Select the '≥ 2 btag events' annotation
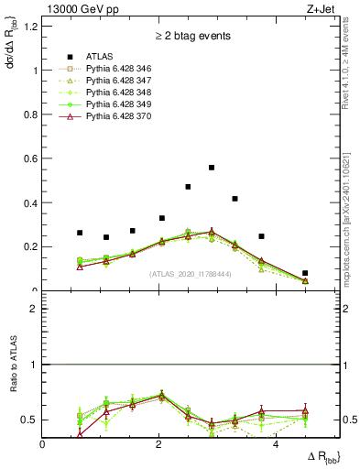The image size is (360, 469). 191,36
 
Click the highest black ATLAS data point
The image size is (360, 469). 212,168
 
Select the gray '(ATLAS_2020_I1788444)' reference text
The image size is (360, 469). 191,274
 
